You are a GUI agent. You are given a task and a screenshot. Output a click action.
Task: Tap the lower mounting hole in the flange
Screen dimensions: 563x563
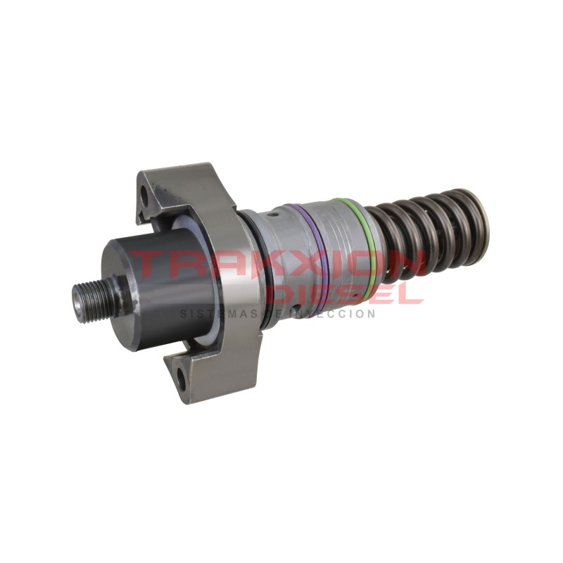181,381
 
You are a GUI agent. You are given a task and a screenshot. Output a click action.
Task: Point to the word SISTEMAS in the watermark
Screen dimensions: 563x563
211,314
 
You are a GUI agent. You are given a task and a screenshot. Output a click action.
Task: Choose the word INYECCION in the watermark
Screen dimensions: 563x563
338,314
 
